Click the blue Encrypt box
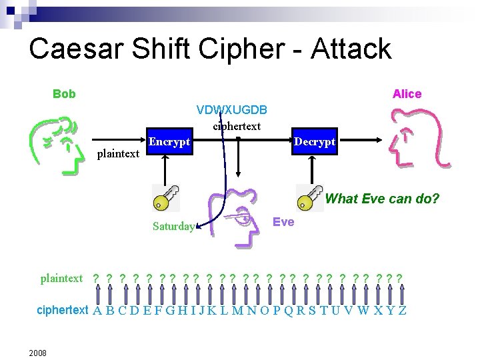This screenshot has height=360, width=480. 169,142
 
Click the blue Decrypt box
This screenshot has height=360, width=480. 315,142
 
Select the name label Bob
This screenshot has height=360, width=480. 64,94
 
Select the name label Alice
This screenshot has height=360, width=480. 407,94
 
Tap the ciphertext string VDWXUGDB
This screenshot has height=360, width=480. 232,109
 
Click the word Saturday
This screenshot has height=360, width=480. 173,226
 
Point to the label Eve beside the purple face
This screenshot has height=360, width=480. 283,222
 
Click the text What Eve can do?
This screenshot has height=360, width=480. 382,199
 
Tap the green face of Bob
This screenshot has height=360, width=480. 59,143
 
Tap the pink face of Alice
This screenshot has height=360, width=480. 414,138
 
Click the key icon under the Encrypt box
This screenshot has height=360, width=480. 165,198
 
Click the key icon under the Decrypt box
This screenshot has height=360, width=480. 309,198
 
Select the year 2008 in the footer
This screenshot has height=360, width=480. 37,353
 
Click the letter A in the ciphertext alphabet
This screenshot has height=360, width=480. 97,311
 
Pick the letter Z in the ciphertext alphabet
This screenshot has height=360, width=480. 402,311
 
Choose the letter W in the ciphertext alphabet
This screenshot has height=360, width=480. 363,311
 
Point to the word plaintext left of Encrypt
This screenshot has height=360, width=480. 118,154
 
